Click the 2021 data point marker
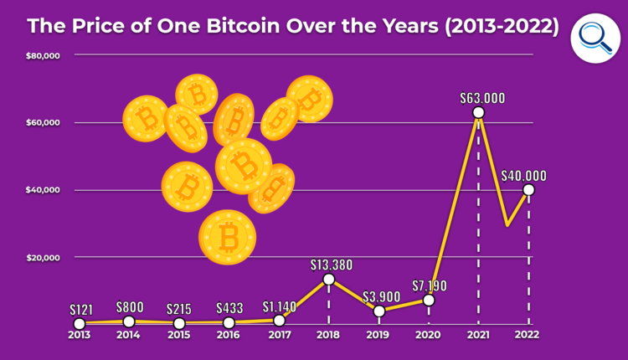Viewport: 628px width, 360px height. click(478, 112)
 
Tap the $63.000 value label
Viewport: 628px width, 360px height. click(483, 97)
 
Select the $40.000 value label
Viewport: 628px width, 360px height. click(524, 176)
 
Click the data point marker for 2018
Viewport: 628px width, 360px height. click(329, 279)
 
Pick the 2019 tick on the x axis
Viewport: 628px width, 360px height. click(379, 335)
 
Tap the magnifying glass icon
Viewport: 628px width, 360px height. click(595, 38)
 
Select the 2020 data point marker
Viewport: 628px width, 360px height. click(429, 300)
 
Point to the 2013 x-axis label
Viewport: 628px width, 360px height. click(79, 335)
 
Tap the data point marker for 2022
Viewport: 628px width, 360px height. click(528, 190)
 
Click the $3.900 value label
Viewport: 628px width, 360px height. click(381, 296)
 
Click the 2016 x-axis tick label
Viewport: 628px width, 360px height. click(229, 335)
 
